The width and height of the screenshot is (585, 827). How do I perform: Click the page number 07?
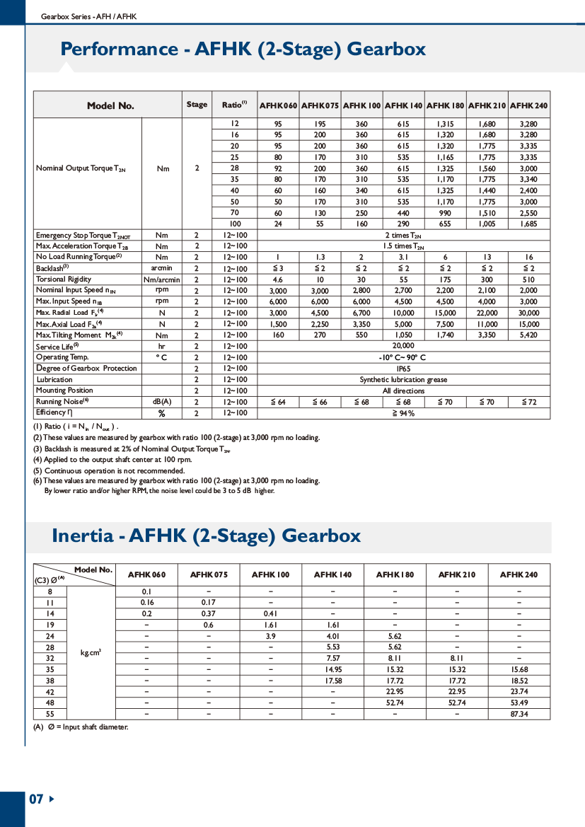(x=36, y=799)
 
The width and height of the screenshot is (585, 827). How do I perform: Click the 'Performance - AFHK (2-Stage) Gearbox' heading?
(x=243, y=49)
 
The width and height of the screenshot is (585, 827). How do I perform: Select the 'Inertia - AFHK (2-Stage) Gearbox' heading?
(x=206, y=536)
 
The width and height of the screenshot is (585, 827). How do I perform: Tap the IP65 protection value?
(x=403, y=369)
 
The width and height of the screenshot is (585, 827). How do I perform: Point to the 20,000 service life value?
(x=403, y=346)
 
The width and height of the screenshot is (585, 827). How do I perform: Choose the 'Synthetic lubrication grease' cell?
(x=403, y=380)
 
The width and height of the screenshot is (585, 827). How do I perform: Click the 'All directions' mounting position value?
(x=403, y=391)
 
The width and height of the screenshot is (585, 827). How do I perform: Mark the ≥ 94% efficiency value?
(x=403, y=413)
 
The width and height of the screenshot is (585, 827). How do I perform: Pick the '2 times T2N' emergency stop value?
(x=403, y=235)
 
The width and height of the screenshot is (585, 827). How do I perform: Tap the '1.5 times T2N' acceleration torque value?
(x=403, y=246)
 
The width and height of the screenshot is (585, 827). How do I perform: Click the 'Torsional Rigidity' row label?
(x=64, y=279)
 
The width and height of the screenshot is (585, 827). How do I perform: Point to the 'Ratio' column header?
(x=234, y=105)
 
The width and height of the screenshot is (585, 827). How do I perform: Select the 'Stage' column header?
(x=197, y=105)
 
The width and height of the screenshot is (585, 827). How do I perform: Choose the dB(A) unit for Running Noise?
(x=161, y=402)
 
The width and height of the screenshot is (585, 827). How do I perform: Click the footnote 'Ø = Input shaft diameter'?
(x=81, y=727)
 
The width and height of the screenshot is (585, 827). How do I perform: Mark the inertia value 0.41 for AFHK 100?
(x=271, y=613)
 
